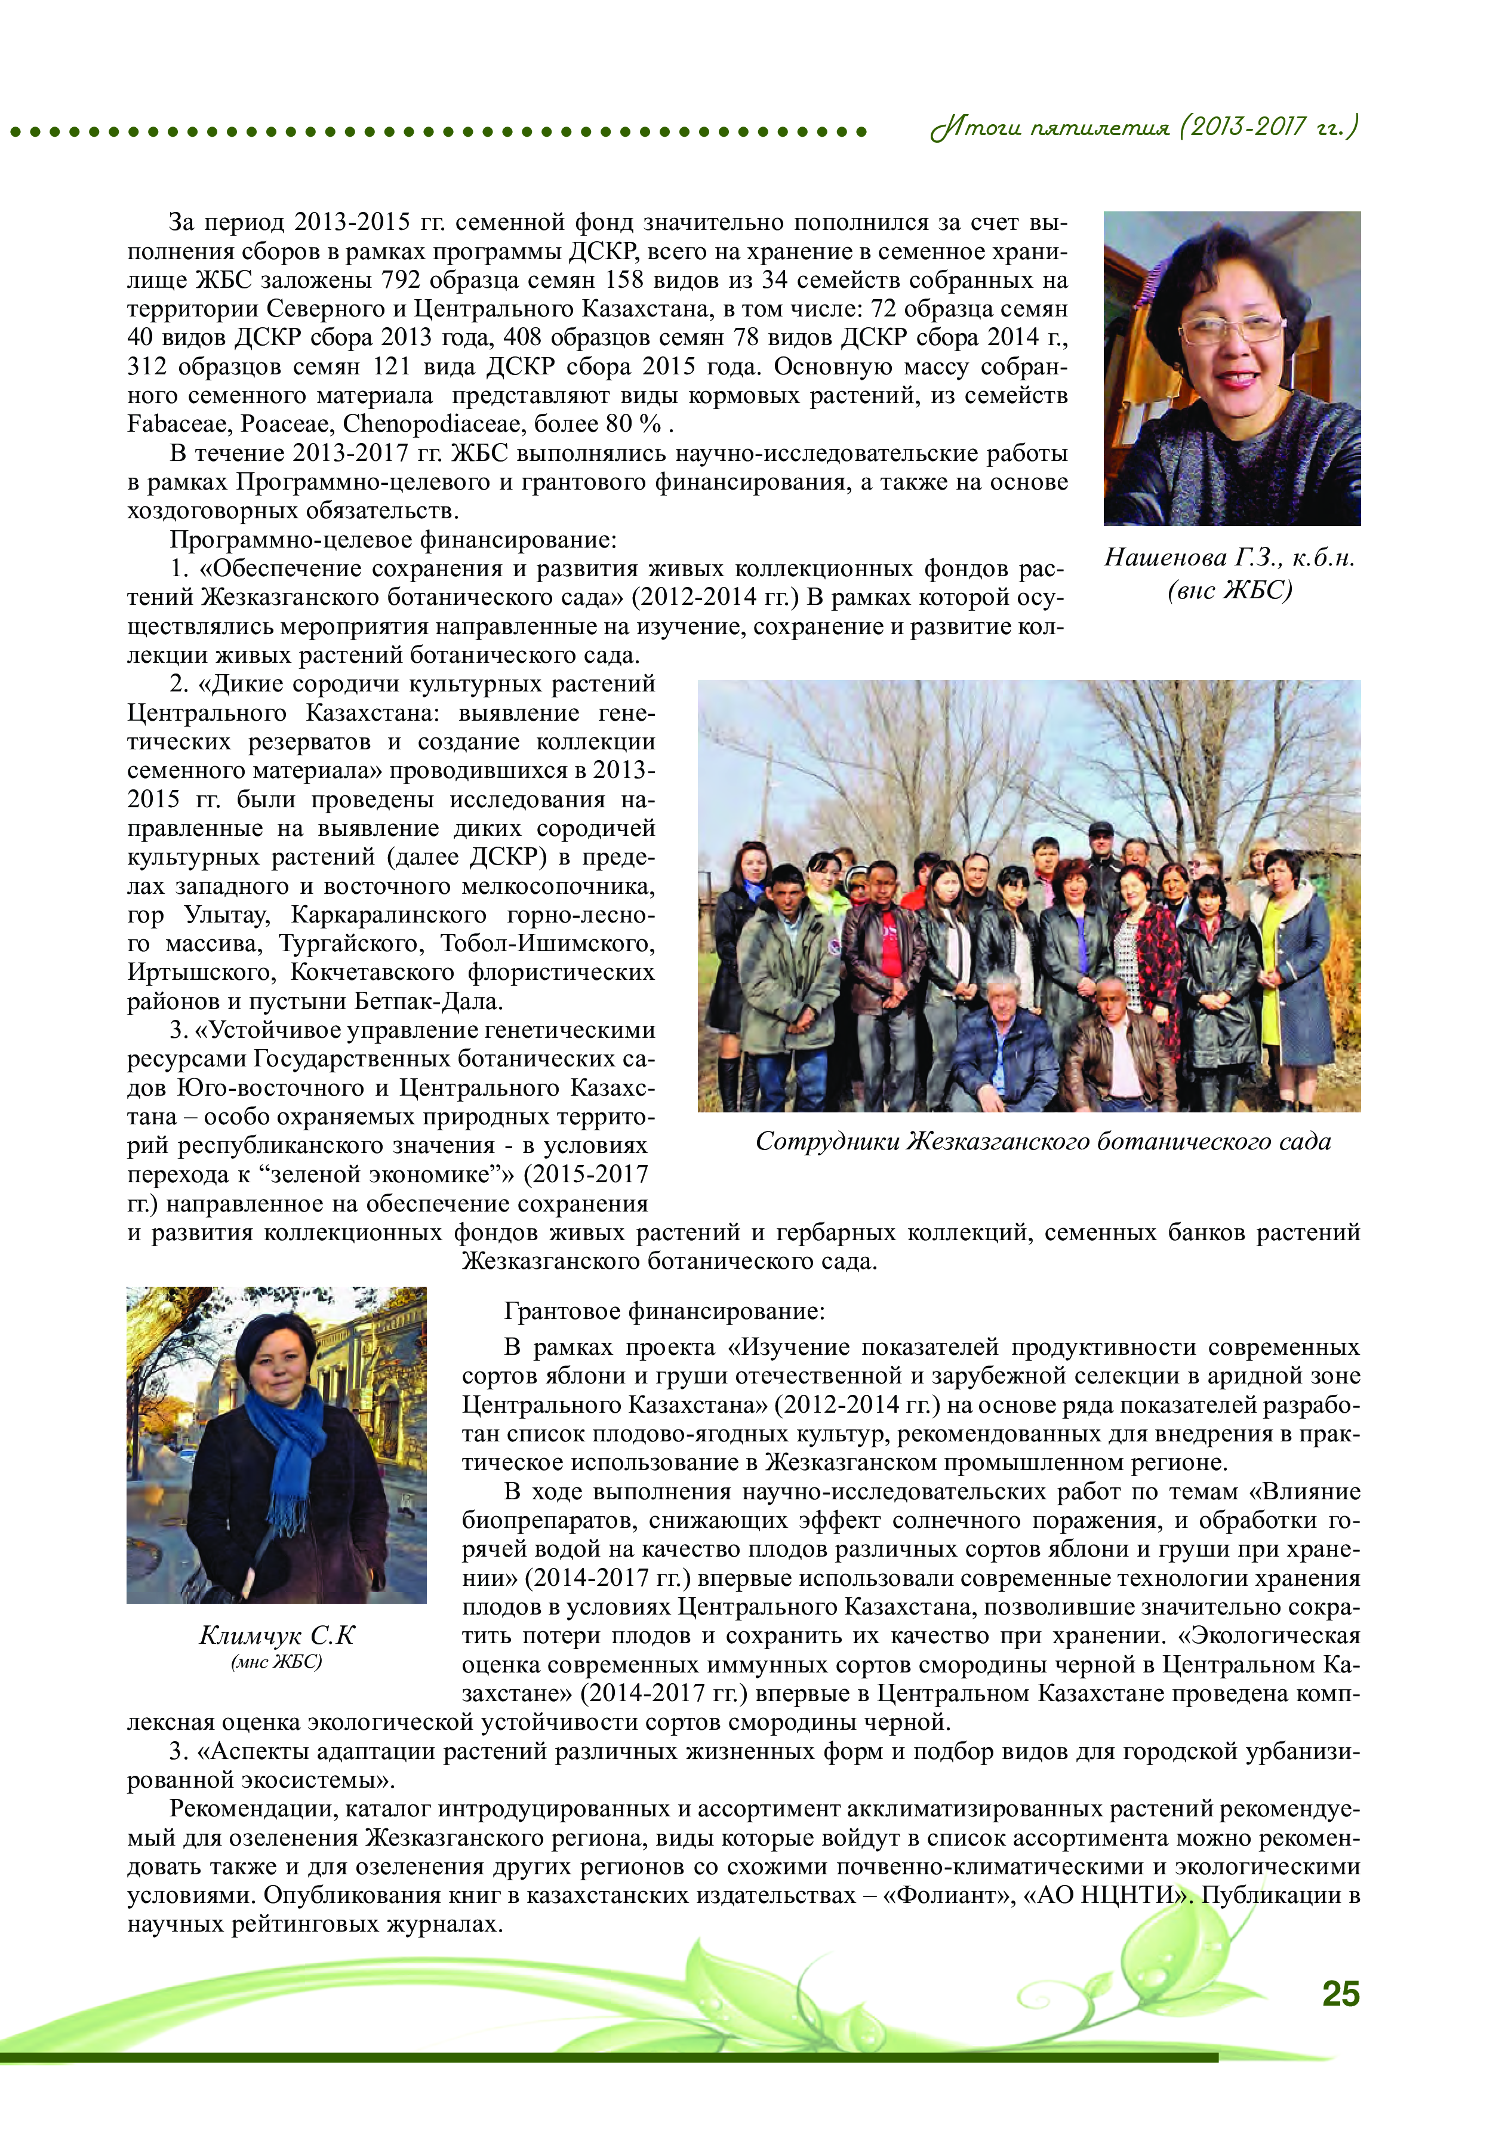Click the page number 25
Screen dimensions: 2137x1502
pyautogui.click(x=1340, y=1994)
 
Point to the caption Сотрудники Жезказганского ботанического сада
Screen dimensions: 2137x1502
pyautogui.click(x=1042, y=1141)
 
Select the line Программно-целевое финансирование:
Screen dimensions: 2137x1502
pyautogui.click(x=393, y=540)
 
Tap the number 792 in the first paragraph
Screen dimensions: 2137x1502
pyautogui.click(x=401, y=280)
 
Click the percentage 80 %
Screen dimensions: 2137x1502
pyautogui.click(x=633, y=425)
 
